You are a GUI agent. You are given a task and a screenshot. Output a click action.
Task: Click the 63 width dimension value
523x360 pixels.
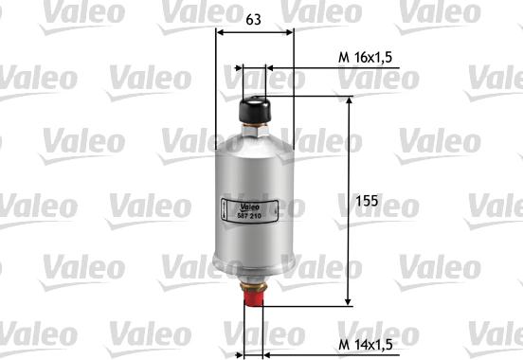click(x=253, y=19)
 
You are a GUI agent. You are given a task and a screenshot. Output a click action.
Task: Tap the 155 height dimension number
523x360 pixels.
click(x=367, y=201)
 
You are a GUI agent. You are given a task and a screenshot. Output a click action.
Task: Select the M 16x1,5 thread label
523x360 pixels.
click(x=365, y=58)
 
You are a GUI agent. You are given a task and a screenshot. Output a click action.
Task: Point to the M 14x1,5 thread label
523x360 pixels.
click(x=365, y=345)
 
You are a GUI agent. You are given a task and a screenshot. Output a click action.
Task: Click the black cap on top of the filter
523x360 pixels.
click(x=255, y=109)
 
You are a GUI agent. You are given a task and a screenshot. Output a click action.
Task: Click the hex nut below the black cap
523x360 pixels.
click(x=255, y=130)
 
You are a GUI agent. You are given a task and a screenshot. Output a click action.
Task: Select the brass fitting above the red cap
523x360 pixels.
click(x=254, y=286)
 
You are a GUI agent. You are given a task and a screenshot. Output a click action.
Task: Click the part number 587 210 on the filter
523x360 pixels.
click(x=249, y=216)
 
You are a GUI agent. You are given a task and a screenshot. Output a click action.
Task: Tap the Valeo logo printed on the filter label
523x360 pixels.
click(x=249, y=207)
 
